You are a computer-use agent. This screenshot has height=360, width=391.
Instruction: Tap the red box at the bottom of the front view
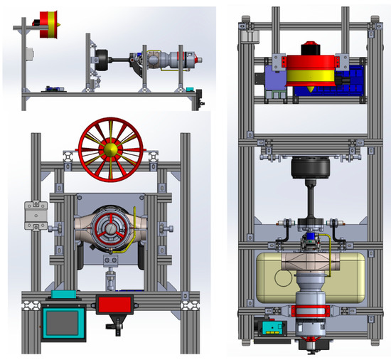115,305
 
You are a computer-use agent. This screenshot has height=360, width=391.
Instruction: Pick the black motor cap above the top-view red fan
309,48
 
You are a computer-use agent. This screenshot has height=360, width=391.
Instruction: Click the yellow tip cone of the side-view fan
64,27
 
